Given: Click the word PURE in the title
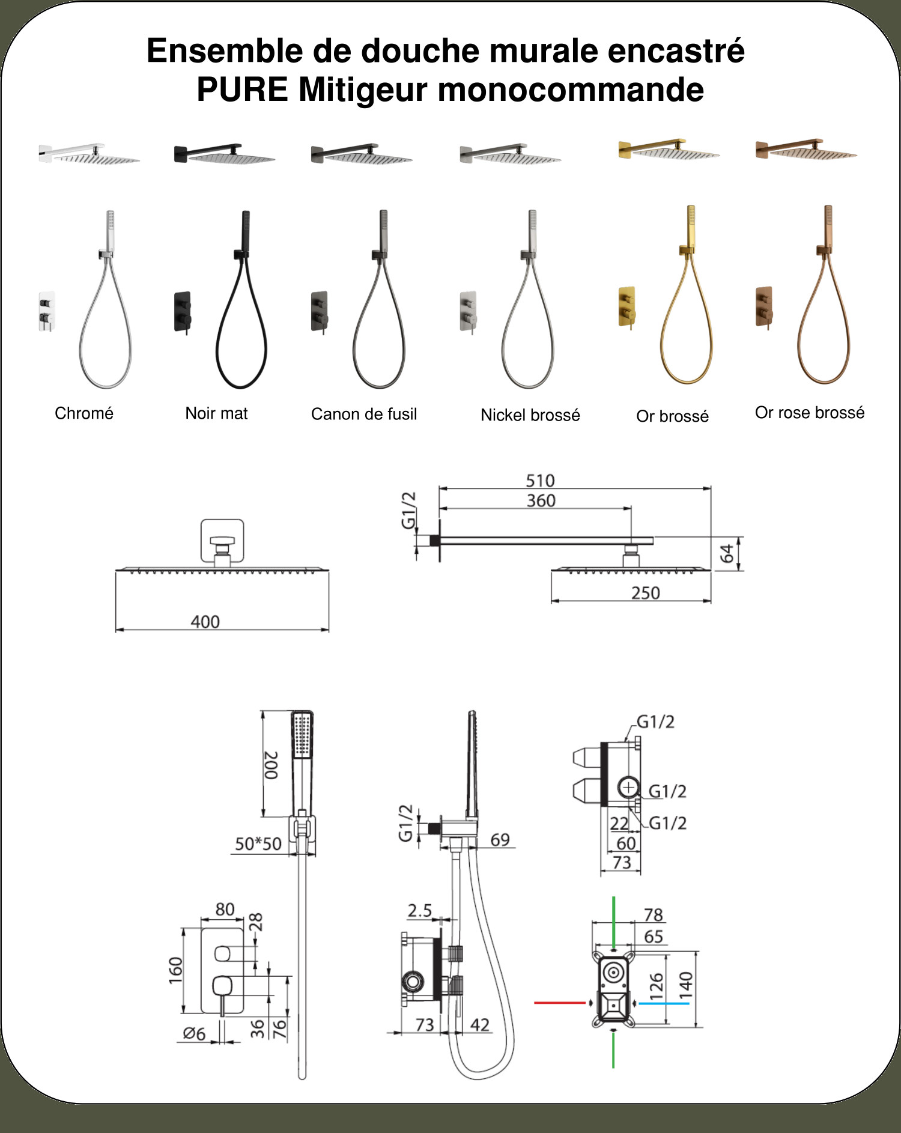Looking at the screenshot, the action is click(x=242, y=90).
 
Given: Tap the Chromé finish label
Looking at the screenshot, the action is click(x=84, y=413).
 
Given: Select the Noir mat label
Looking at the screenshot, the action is click(x=216, y=413).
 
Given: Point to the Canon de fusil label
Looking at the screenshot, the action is click(x=364, y=414).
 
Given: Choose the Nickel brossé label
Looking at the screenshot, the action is click(x=530, y=415).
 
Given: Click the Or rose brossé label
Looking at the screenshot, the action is click(x=810, y=413).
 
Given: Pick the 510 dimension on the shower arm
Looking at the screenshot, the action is click(x=540, y=481).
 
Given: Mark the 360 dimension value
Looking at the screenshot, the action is click(x=541, y=500).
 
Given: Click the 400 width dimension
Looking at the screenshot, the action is click(x=205, y=622).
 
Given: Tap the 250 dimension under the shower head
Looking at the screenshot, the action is click(x=646, y=594).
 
